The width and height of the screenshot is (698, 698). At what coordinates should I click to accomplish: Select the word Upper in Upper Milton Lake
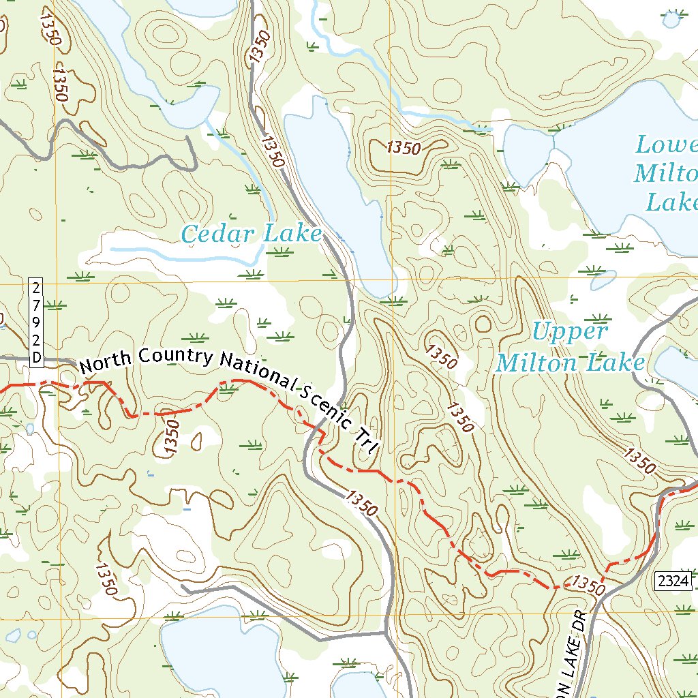[x=569, y=332]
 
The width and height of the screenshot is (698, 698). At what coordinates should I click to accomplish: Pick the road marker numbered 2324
[x=674, y=581]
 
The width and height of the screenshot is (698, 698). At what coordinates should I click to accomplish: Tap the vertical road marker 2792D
[x=35, y=321]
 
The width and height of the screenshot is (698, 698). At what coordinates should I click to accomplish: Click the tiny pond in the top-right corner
[x=671, y=20]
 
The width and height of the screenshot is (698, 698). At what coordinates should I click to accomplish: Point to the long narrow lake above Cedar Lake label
[x=337, y=191]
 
